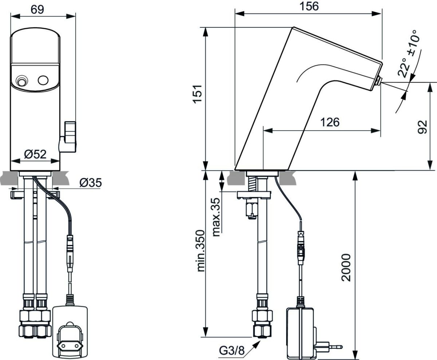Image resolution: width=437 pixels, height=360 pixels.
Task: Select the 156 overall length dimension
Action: click(x=309, y=7)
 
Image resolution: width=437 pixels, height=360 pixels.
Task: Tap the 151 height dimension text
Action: click(x=197, y=94)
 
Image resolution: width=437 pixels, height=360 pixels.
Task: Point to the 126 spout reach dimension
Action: click(x=330, y=122)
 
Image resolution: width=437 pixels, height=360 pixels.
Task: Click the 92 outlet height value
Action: click(x=422, y=127)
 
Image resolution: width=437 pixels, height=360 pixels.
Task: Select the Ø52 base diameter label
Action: click(x=35, y=154)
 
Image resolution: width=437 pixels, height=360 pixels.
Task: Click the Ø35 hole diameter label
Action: click(x=90, y=183)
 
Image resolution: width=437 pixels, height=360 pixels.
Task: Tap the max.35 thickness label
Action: click(x=216, y=217)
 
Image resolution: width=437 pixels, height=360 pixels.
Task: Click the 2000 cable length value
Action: click(x=346, y=268)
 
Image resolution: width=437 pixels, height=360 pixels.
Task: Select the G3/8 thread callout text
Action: click(x=232, y=351)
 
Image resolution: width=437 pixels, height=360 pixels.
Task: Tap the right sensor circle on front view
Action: click(x=43, y=80)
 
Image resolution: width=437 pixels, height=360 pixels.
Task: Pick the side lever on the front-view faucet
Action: click(x=68, y=137)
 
